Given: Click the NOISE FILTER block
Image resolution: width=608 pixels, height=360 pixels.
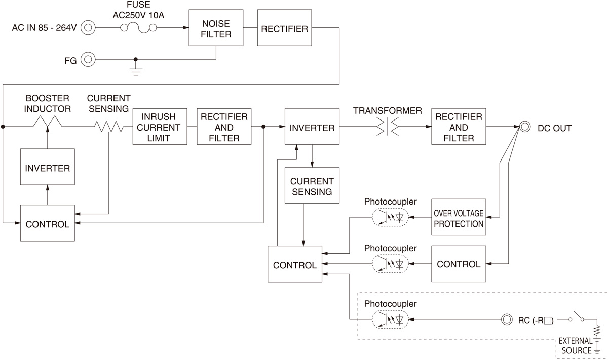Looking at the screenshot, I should [x=216, y=28].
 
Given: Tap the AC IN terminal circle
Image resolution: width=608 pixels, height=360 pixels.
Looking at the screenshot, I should [x=88, y=28].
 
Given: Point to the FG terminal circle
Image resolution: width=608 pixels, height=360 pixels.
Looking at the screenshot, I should [x=88, y=60].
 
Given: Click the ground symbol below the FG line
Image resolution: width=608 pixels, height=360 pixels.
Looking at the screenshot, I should [x=136, y=68].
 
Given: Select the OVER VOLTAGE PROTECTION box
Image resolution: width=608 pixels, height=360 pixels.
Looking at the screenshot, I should [x=459, y=217].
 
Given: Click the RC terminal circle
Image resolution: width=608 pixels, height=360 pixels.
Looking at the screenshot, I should [x=506, y=319].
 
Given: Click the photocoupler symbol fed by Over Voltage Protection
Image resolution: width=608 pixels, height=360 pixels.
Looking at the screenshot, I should [x=390, y=217].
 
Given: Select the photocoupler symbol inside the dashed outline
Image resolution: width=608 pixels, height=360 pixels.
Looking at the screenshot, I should [x=390, y=319].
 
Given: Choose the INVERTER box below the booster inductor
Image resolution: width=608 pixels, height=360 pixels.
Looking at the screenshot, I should [x=47, y=167].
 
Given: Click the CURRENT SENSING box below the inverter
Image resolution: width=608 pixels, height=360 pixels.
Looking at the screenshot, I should [x=312, y=186].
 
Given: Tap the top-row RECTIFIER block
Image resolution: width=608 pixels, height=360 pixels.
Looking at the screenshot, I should [x=284, y=28].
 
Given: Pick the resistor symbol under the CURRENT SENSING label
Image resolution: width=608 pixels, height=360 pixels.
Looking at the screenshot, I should [x=109, y=127].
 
